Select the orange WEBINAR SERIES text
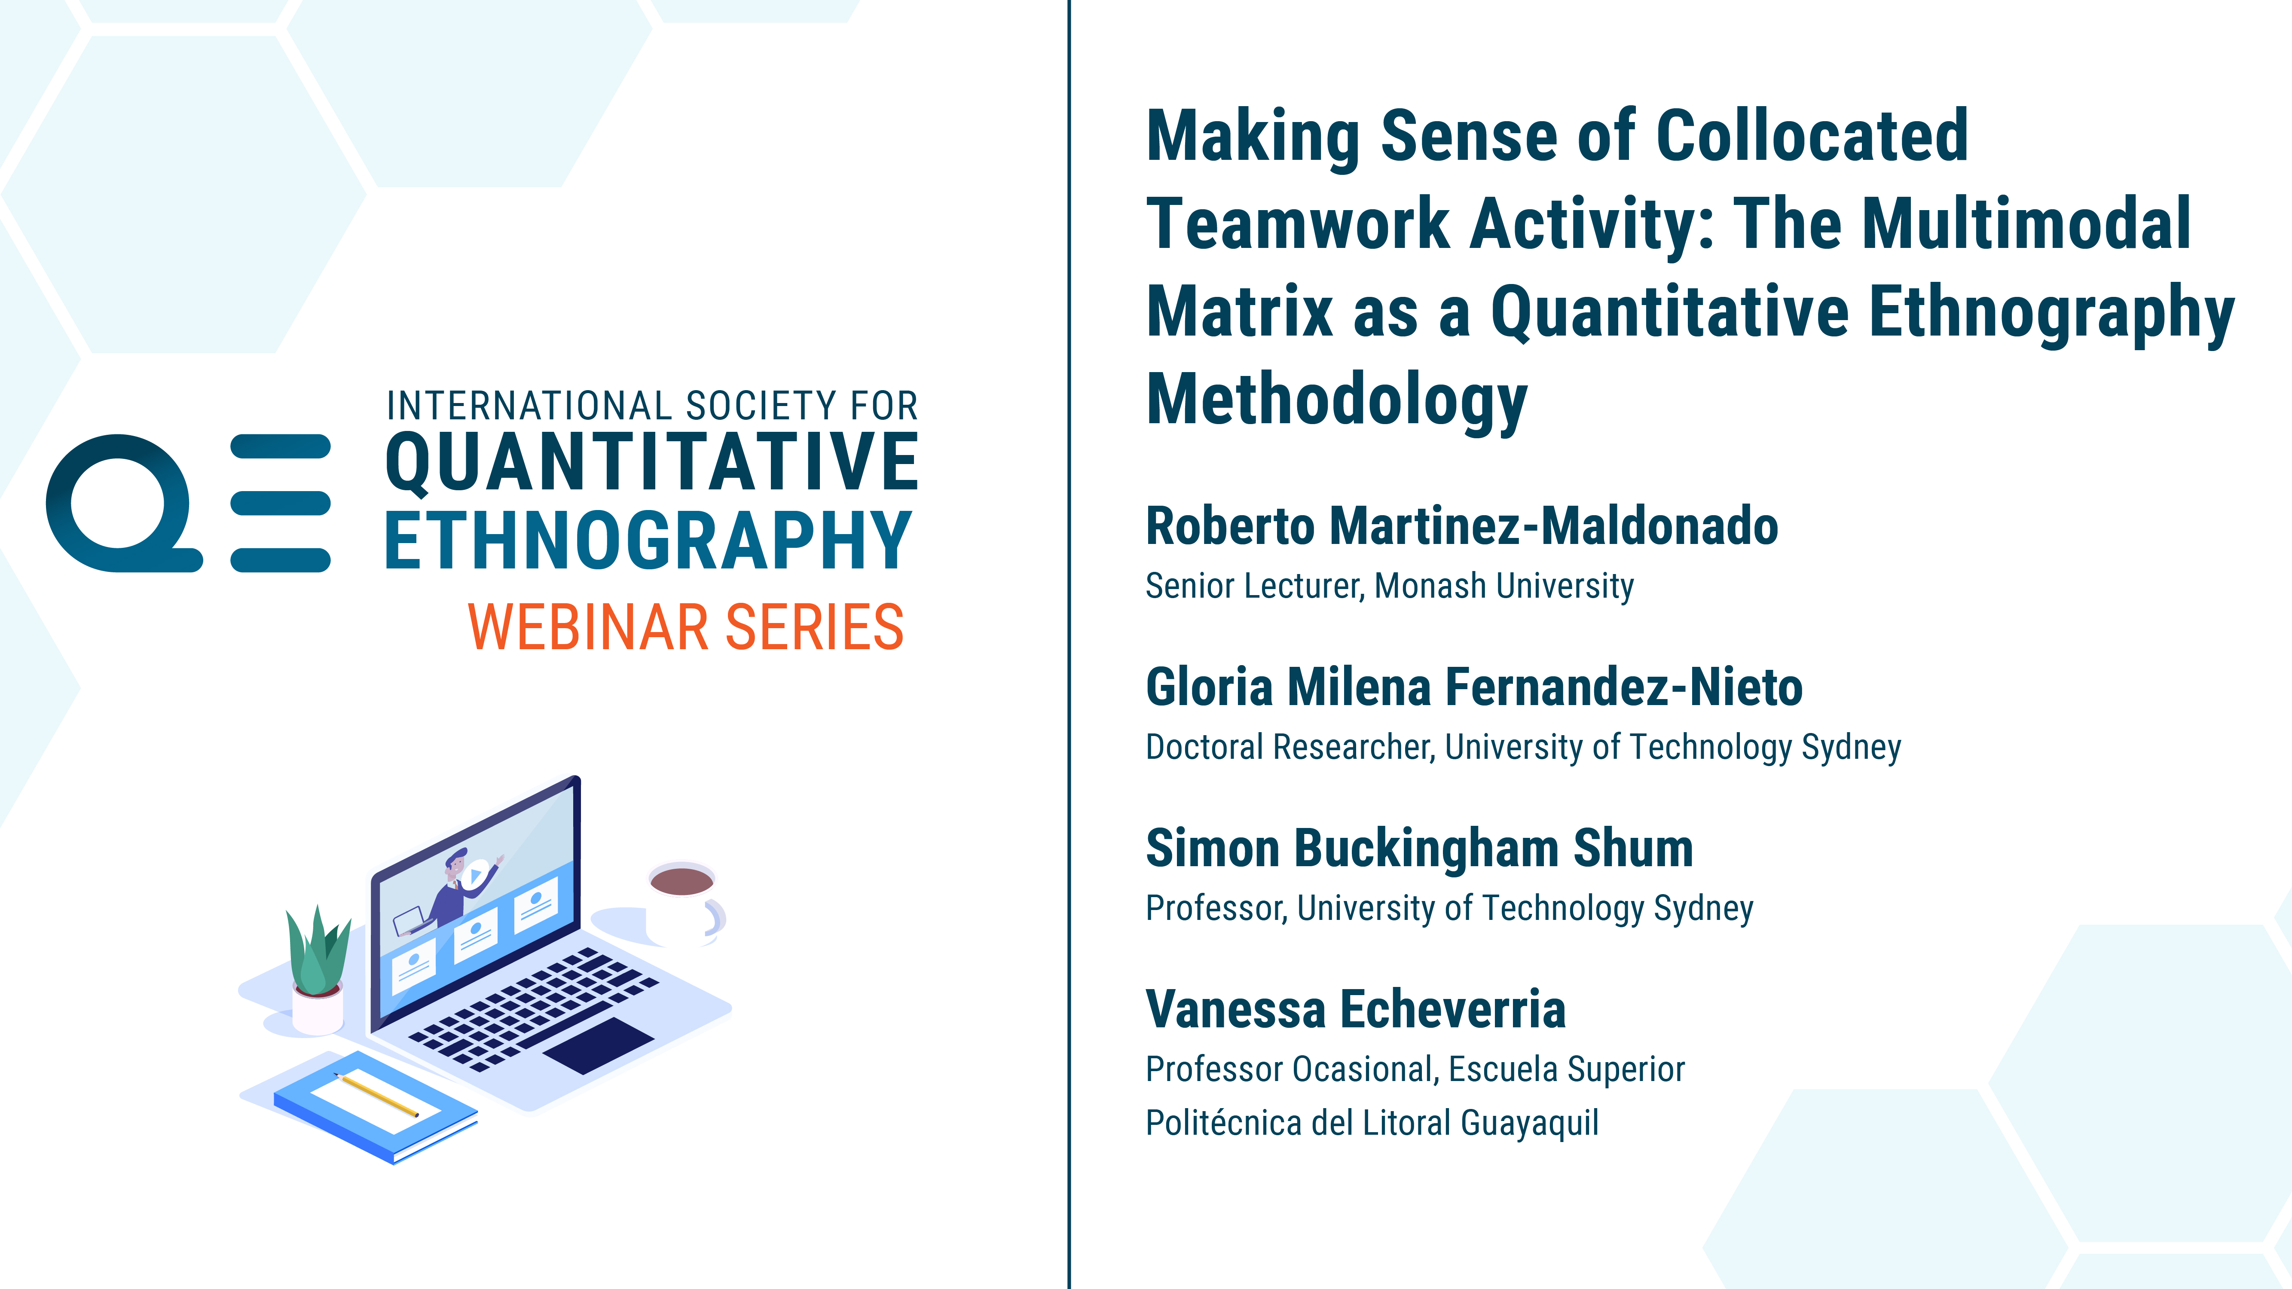(x=686, y=627)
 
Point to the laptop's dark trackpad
(x=599, y=1045)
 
